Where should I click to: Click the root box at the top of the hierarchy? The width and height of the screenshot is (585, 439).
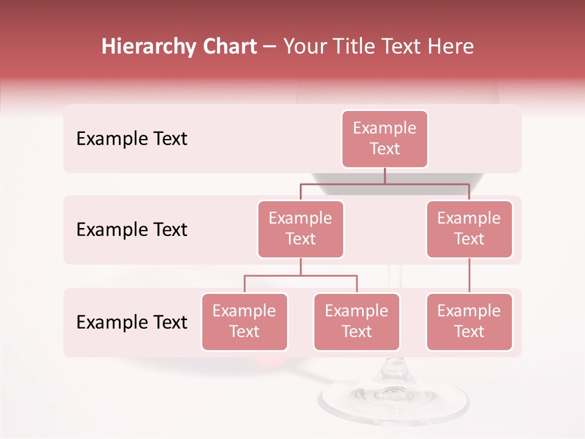point(385,139)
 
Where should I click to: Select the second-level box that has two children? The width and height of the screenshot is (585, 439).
point(300,229)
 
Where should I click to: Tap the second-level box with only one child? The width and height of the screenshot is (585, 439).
point(469,229)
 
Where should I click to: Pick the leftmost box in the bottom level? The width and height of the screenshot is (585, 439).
point(244,322)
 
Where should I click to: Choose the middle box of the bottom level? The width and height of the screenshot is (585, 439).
point(356,322)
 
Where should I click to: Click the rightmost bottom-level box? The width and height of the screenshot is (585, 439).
point(469,322)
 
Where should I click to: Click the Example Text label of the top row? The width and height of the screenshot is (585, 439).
point(132,139)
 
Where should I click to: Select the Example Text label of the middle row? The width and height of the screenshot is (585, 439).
point(132,230)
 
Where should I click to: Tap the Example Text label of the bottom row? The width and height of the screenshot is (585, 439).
point(132,322)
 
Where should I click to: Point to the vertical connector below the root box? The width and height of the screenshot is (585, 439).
point(385,176)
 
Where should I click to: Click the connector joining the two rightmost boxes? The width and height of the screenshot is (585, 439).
point(469,276)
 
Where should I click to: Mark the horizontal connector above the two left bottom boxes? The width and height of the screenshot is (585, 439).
point(300,276)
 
